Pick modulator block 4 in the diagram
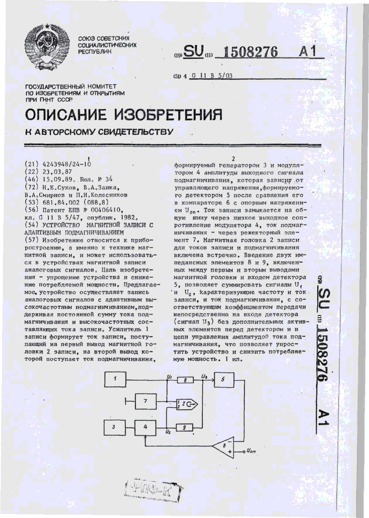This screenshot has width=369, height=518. point(144,427)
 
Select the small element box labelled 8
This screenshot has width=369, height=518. point(185,381)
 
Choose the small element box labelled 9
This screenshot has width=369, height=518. point(185,428)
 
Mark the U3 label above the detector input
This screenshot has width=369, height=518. point(204,375)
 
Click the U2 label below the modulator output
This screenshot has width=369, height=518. point(168,433)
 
